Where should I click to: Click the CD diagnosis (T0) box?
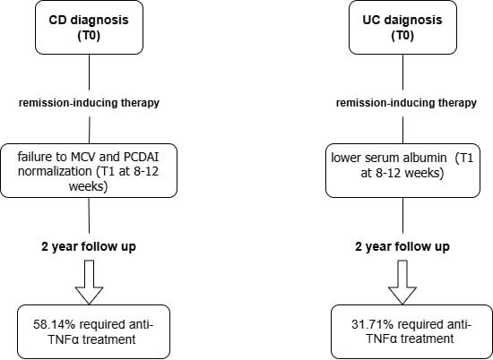89,28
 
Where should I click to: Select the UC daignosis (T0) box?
402,28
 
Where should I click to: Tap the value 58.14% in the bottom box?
54,324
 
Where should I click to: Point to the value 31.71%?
372,324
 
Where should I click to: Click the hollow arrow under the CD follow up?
89,282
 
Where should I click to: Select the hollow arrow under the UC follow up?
402,282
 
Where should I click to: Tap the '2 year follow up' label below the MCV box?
89,246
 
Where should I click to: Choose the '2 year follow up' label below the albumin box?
402,246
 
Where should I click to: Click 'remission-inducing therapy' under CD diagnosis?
89,103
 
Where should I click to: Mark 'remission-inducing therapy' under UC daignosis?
406,103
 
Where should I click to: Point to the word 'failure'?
34,157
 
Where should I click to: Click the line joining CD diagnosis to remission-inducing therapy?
89,73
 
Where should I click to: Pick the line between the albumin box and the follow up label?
402,216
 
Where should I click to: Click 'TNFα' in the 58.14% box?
64,339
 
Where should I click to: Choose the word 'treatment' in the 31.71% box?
428,339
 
